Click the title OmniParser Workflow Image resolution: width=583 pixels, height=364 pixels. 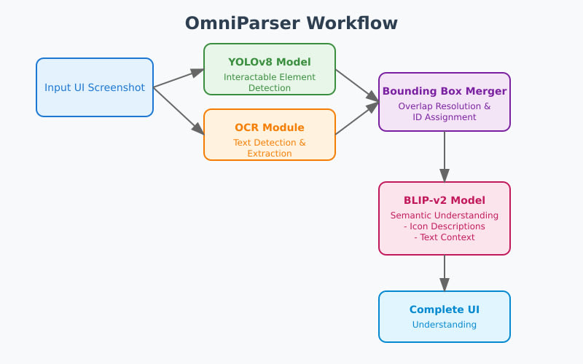291,23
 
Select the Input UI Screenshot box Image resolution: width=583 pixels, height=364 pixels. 95,87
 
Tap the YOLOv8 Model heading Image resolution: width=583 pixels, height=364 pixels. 270,62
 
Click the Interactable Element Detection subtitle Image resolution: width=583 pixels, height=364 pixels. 270,82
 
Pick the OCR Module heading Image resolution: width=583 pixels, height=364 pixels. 270,127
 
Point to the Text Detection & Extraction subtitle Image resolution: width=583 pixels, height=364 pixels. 270,148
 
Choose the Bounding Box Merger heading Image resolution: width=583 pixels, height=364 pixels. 445,91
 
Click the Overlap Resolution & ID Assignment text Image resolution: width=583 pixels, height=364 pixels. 445,111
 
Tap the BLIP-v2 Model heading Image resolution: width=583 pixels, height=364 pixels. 445,200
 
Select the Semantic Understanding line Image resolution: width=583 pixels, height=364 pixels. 445,215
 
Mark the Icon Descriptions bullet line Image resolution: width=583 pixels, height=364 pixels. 445,226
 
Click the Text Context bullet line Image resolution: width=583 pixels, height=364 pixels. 445,237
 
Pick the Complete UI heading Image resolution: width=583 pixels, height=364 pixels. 445,309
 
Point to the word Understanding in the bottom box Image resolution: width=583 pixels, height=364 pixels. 445,325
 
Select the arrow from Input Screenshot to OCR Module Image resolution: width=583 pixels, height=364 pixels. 179,111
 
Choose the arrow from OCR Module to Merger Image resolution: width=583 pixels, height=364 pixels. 357,118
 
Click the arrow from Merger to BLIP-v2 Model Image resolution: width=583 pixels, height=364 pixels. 445,157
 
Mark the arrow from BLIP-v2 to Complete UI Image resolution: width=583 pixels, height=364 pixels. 445,273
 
